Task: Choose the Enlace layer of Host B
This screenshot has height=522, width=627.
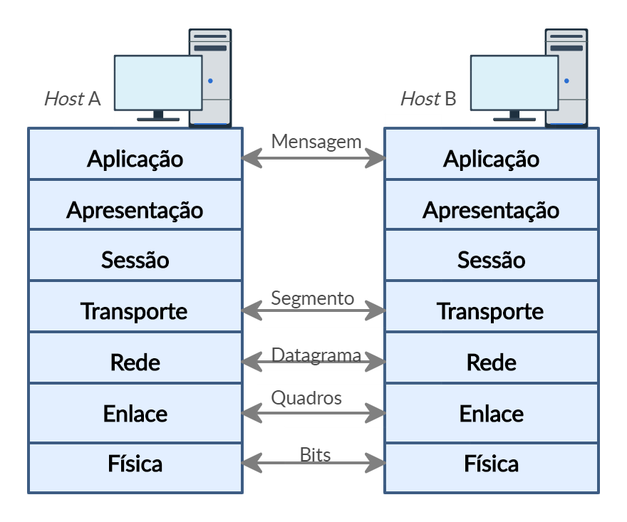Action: point(491,413)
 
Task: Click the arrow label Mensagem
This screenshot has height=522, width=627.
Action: point(316,141)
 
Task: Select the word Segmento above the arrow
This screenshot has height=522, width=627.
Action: point(312,298)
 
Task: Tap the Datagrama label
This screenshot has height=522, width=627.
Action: point(316,355)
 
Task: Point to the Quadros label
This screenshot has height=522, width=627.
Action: point(306,397)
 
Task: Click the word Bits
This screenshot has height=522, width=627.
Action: point(315,454)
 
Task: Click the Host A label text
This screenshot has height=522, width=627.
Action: point(72,98)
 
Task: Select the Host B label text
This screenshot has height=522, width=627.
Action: point(428,98)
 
